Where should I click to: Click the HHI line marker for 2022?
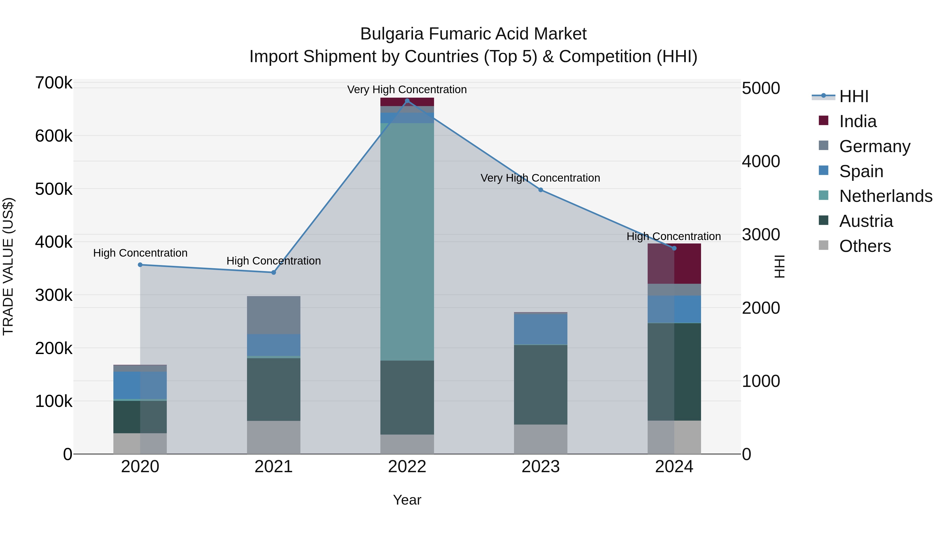tap(407, 101)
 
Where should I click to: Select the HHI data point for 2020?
tap(140, 265)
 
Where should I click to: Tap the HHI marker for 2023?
tap(540, 190)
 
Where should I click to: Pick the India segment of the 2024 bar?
tap(674, 264)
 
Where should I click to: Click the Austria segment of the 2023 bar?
tap(540, 384)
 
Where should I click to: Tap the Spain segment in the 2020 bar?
tap(140, 385)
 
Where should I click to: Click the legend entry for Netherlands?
tap(885, 196)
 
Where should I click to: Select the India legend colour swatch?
tap(823, 121)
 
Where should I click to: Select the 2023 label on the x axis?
tap(540, 467)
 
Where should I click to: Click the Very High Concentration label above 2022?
tap(407, 89)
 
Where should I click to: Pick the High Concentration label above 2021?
tap(274, 261)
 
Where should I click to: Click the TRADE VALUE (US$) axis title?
tap(8, 266)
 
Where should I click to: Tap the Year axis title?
tap(407, 500)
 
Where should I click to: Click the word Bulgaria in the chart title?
tap(392, 34)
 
